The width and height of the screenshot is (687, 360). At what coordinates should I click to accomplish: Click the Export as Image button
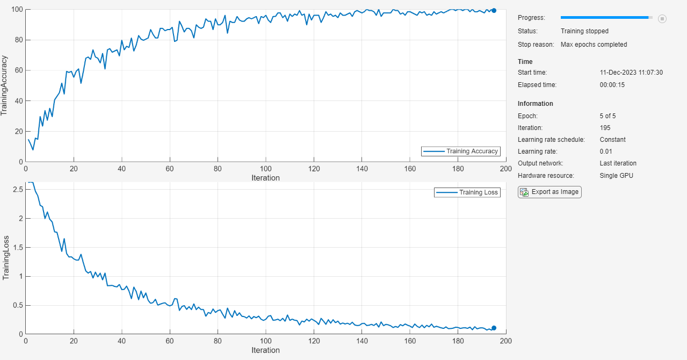pyautogui.click(x=549, y=192)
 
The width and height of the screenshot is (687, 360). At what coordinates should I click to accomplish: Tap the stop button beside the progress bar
pyautogui.click(x=662, y=19)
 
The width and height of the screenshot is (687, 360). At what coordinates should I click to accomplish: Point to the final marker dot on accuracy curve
pyautogui.click(x=494, y=10)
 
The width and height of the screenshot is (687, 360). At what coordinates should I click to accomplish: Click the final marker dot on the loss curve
pyautogui.click(x=494, y=328)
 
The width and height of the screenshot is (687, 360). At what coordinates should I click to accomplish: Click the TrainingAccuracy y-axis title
pyautogui.click(x=5, y=85)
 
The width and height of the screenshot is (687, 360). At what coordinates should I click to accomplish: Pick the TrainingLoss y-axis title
pyautogui.click(x=6, y=257)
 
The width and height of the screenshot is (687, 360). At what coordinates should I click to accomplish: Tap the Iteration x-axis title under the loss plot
pyautogui.click(x=265, y=350)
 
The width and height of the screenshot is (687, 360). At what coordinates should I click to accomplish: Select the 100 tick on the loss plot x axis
pyautogui.click(x=265, y=341)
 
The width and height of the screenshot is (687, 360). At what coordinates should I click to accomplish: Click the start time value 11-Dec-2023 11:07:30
pyautogui.click(x=631, y=73)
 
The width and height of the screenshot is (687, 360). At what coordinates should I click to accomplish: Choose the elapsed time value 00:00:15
pyautogui.click(x=612, y=85)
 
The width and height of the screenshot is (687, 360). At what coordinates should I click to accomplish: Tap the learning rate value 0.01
pyautogui.click(x=606, y=152)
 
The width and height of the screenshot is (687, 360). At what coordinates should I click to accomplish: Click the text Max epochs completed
pyautogui.click(x=594, y=45)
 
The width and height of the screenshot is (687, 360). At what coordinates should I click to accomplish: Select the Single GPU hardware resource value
pyautogui.click(x=617, y=176)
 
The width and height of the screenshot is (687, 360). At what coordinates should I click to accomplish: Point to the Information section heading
pyautogui.click(x=535, y=104)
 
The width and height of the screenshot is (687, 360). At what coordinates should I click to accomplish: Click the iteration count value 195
pyautogui.click(x=605, y=128)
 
